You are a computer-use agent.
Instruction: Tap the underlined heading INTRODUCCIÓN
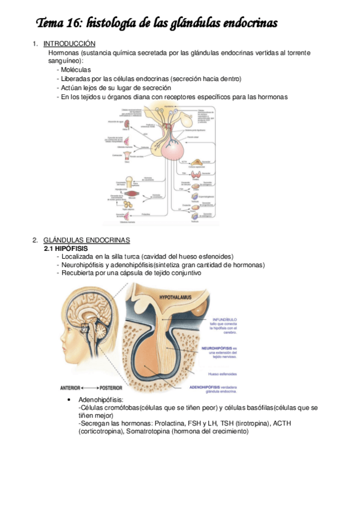[70, 44]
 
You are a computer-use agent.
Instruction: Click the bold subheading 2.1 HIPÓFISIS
[66, 248]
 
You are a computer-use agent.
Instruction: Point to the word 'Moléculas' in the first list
[75, 70]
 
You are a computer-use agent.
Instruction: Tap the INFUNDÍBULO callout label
[224, 319]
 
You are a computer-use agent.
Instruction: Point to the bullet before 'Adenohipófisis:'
[71, 400]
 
